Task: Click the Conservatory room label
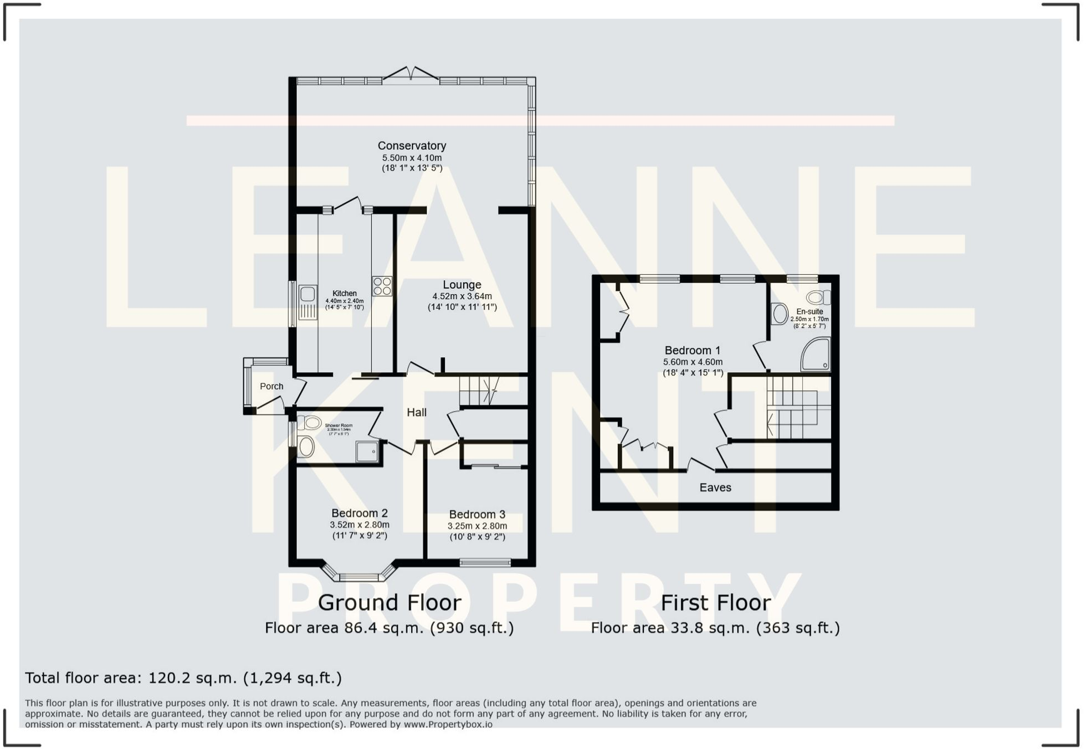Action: pos(412,146)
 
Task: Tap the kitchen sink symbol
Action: pos(308,302)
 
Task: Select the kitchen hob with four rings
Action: pos(382,286)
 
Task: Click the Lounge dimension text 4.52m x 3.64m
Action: pos(462,296)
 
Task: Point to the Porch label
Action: pos(271,387)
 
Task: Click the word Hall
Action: pos(417,412)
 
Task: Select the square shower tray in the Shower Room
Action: pos(367,452)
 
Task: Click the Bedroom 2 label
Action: pos(360,513)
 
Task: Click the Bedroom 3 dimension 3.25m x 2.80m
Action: pos(477,526)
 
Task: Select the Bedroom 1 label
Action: pos(693,351)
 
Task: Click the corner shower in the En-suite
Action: pos(816,355)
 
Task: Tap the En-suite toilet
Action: pos(818,297)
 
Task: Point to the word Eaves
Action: pos(715,488)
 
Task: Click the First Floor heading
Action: pos(715,603)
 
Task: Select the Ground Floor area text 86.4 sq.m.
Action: pos(389,628)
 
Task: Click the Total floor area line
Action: pos(183,678)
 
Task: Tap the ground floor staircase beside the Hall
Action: pos(480,391)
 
